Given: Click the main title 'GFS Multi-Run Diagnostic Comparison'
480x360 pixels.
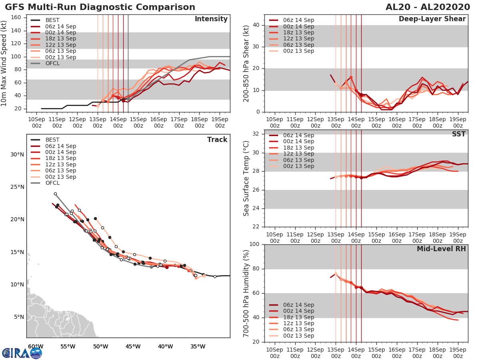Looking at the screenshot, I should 100,7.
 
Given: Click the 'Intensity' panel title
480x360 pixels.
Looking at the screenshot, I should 211,19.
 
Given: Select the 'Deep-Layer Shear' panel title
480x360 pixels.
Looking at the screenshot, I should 432,19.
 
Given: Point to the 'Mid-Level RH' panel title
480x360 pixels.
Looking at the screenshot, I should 441,249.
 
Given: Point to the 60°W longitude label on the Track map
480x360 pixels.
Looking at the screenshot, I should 35,346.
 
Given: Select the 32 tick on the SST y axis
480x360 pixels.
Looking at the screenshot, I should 256,134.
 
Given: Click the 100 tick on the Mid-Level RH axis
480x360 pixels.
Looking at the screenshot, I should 254,244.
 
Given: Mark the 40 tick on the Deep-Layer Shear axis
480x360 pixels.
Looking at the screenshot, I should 256,25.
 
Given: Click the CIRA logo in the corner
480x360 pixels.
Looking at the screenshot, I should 22,353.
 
